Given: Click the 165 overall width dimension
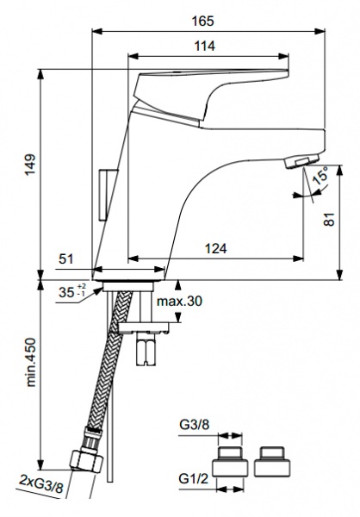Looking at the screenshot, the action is [x=202, y=21].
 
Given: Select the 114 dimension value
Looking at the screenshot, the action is [x=204, y=46].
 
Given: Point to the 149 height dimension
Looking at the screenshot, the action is [x=30, y=165].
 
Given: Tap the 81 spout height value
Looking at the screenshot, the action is [x=329, y=219].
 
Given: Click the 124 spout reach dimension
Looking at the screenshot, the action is [x=216, y=248].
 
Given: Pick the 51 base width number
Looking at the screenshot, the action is [x=66, y=258].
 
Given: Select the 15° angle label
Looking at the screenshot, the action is [x=320, y=176].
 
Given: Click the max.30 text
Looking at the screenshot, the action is [x=179, y=301].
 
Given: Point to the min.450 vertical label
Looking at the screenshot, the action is [x=31, y=362].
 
